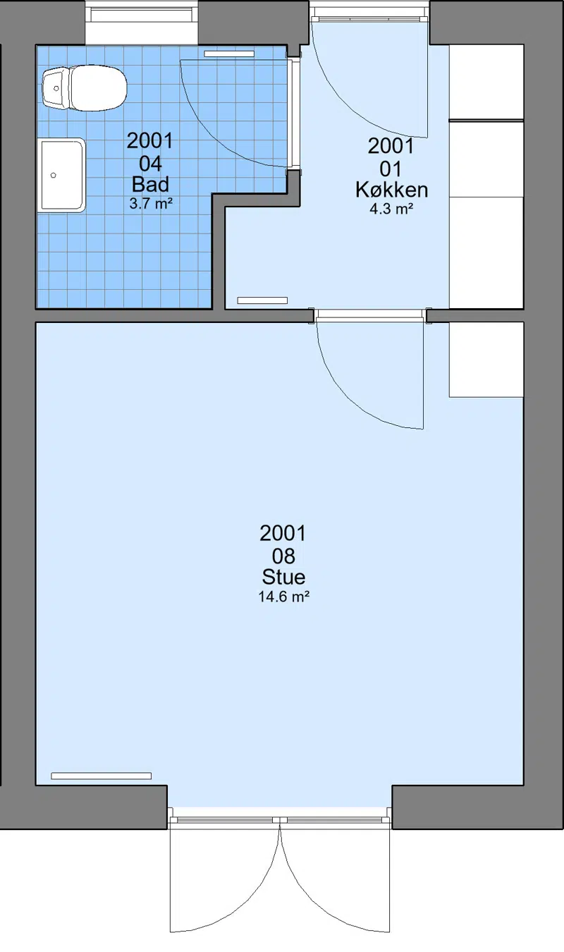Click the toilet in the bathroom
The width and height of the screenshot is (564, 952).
point(85,88)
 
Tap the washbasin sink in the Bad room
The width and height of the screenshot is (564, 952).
point(63,175)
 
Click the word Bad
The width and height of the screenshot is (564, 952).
point(150,185)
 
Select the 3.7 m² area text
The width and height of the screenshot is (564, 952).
point(151,204)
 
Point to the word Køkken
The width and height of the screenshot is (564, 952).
point(391,190)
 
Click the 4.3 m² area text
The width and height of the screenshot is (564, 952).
point(391,209)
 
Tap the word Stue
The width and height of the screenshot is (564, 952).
point(283,577)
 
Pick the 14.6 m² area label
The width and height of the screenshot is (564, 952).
point(283,597)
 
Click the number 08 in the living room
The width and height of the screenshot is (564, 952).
point(283,556)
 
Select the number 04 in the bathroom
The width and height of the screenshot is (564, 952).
point(150,164)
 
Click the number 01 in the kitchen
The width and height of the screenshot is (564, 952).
point(391,169)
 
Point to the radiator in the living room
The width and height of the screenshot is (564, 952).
point(101,776)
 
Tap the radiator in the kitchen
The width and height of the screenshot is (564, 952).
point(262,300)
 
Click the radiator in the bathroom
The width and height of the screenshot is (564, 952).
point(229,54)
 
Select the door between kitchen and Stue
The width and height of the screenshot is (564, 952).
point(369,370)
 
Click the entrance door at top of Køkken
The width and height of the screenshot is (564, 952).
point(369,76)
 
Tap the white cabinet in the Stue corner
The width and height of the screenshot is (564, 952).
point(486,360)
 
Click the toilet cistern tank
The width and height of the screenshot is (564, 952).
point(55,88)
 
